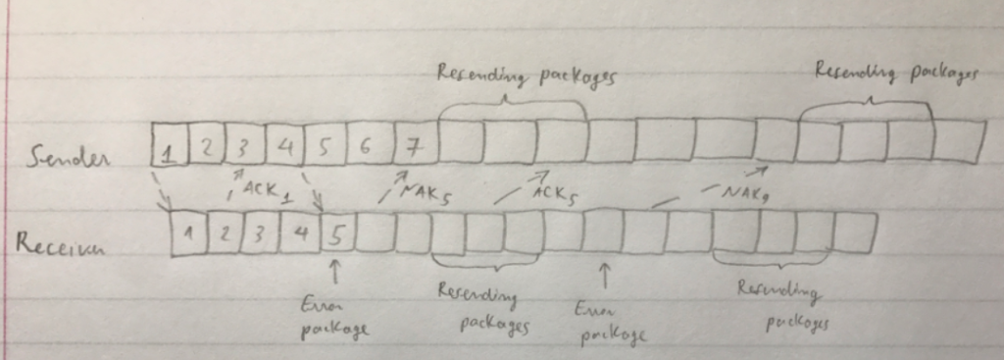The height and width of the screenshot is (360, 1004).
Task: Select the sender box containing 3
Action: click(243, 148)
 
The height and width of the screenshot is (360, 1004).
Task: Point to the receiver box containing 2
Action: click(225, 236)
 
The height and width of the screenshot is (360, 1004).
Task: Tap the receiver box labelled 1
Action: click(186, 236)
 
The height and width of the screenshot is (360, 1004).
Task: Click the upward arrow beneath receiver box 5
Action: click(336, 268)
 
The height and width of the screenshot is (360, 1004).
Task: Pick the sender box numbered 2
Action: click(206, 149)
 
